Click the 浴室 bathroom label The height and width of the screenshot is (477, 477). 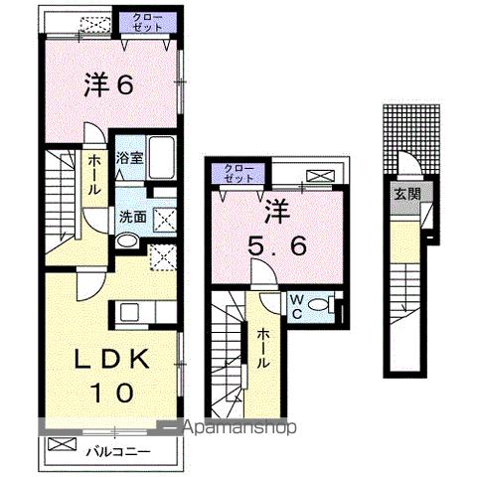coord(129,156)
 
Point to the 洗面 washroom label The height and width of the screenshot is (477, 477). coord(133,216)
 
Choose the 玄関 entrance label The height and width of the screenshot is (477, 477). coord(400,195)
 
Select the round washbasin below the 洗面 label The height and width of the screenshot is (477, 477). coord(128,240)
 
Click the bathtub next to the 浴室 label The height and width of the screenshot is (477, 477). coord(163,158)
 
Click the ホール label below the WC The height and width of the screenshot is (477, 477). coord(263,350)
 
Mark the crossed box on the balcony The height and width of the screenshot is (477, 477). coord(61,443)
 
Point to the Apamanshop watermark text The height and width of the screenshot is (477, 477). coord(238,428)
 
